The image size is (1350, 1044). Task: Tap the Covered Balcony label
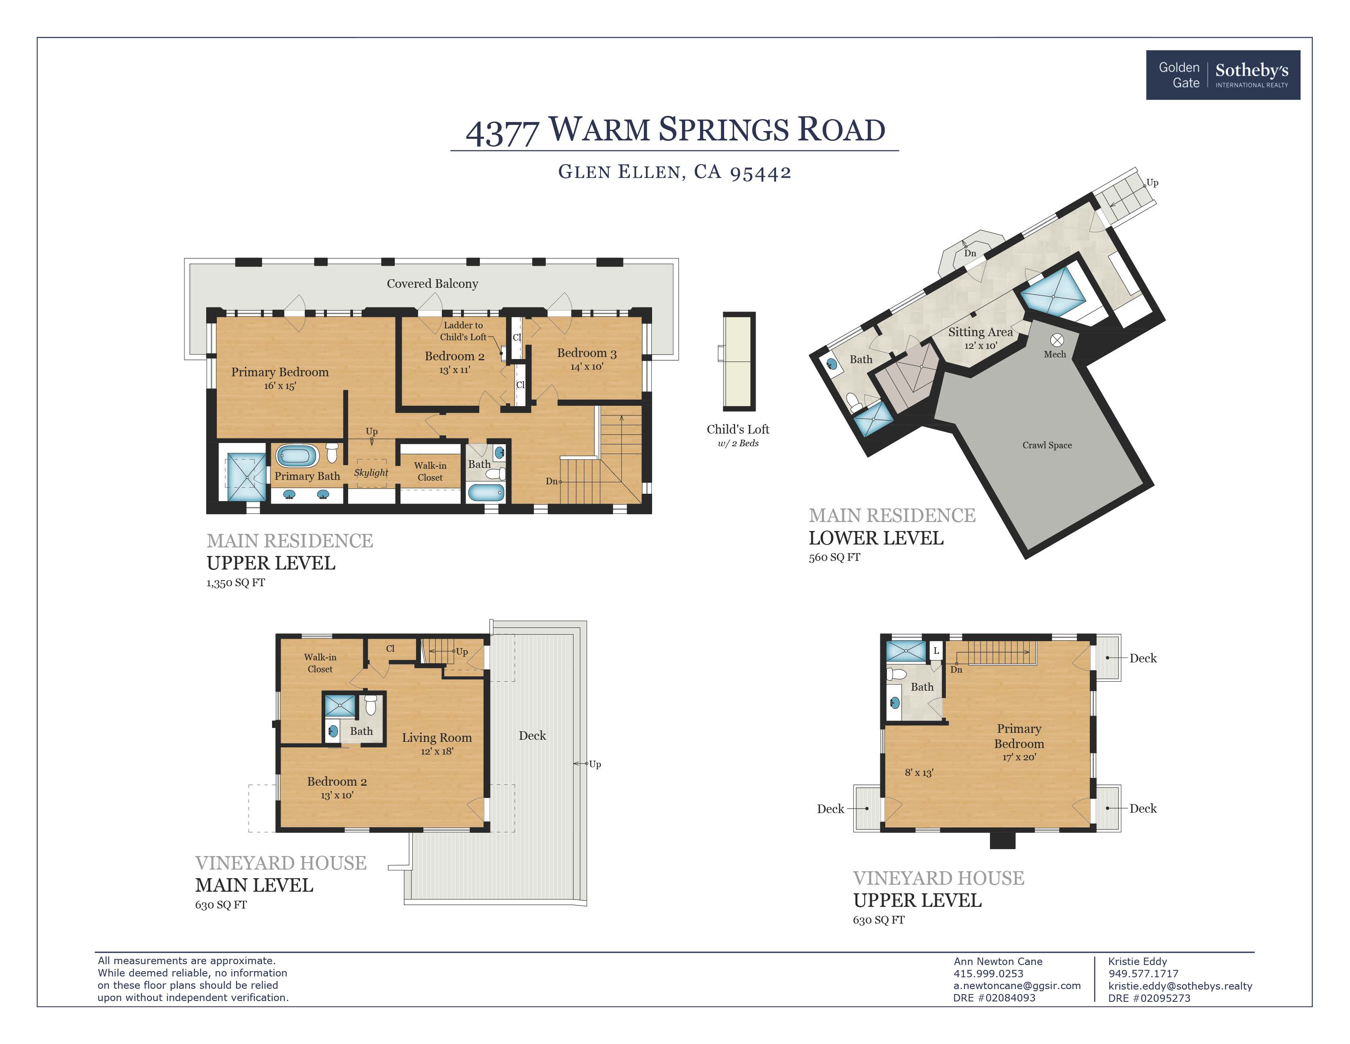pos(432,284)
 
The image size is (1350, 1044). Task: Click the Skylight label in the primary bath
pos(371,472)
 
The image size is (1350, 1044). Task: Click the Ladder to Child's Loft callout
pos(463,331)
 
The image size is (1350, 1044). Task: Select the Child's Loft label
pos(738,429)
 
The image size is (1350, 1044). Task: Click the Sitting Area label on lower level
pos(980,332)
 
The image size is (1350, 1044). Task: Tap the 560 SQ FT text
pos(834,557)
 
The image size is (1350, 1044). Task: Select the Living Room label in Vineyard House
pos(436,738)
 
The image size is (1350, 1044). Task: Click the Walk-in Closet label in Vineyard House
pos(319,663)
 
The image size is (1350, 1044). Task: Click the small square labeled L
pos(936,651)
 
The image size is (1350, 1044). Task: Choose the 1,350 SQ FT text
pos(236,583)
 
